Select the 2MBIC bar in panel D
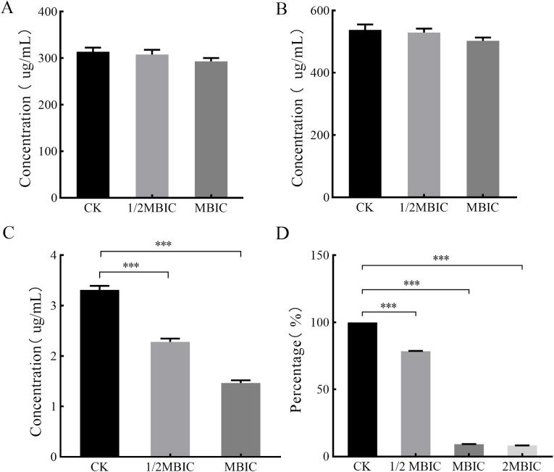[x=523, y=451]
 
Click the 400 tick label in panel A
[x=49, y=12]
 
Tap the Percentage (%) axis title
[x=298, y=355]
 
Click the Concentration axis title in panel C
[x=36, y=355]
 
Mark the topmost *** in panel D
[x=441, y=258]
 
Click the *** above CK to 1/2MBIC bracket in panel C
[x=131, y=265]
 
